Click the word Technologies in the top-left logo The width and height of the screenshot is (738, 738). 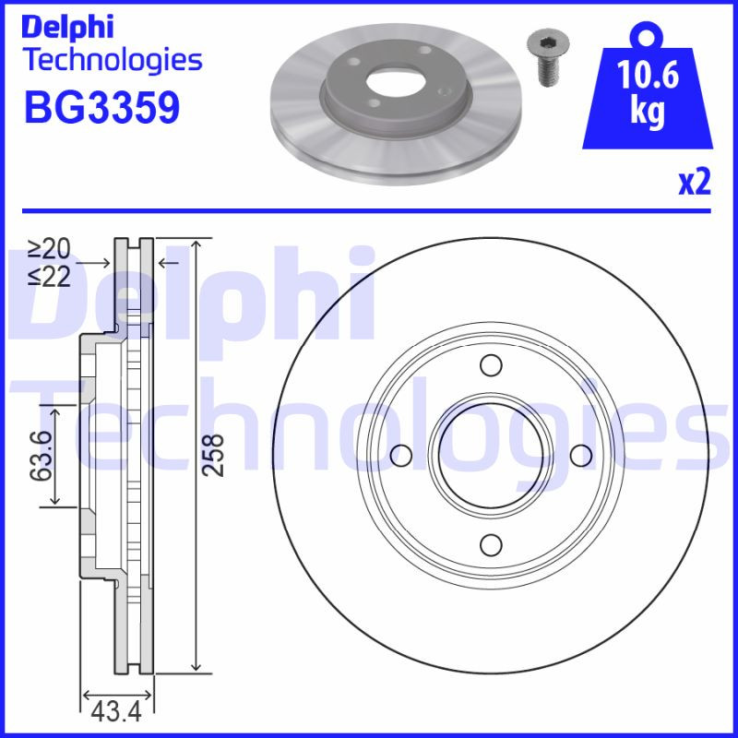point(112,61)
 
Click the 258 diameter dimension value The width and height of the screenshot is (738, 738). point(213,455)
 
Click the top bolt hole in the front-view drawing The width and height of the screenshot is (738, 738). point(491,367)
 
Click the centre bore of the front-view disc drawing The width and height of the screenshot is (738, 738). point(491,455)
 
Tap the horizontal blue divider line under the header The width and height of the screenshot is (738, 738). point(369,211)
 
